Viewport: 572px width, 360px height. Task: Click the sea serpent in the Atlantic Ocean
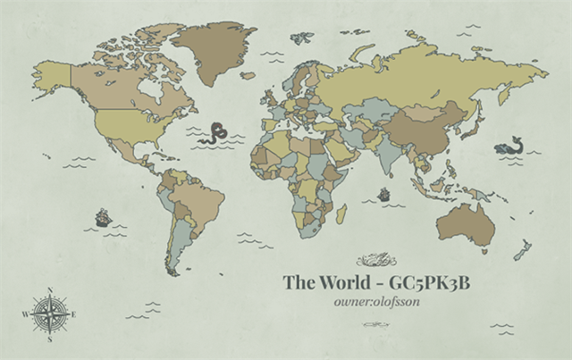tap(213, 135)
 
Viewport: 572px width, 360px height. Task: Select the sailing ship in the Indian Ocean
tap(384, 194)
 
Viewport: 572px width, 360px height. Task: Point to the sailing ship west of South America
tap(102, 216)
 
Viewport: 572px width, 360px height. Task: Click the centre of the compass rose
tap(50, 313)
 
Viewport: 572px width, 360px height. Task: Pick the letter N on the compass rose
tap(50, 289)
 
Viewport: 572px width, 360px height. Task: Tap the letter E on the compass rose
tap(74, 314)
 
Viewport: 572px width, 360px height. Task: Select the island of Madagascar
tap(341, 213)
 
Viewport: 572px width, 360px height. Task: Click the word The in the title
tap(297, 283)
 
